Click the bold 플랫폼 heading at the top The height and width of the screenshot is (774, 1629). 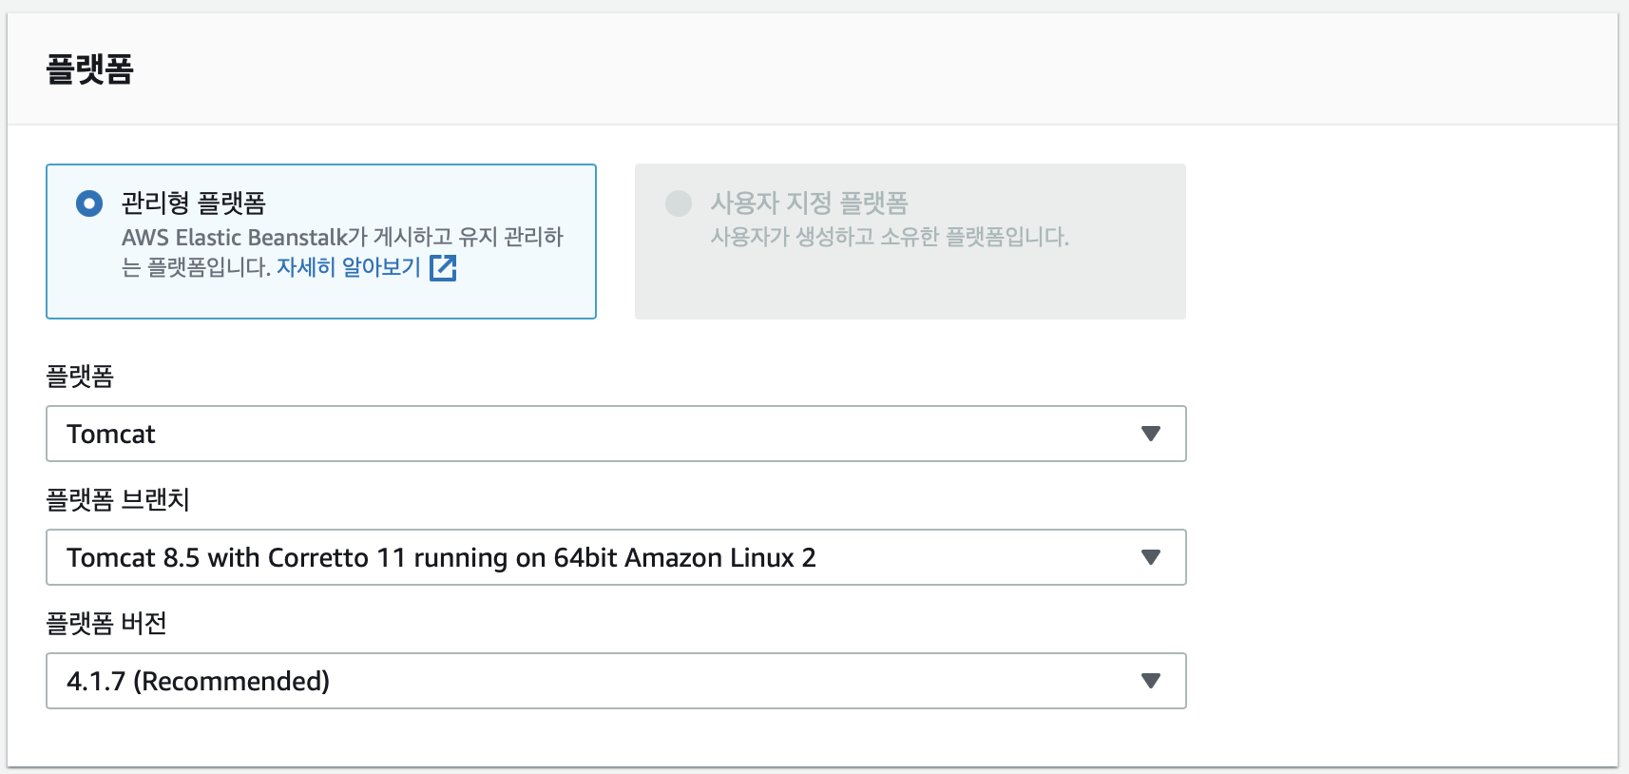[x=90, y=69]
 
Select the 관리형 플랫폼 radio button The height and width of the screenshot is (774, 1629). [x=89, y=203]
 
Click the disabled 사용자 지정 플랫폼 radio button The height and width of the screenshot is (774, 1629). [x=679, y=203]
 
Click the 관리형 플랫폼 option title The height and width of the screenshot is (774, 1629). [x=194, y=203]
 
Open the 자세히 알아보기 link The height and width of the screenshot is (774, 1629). [x=348, y=267]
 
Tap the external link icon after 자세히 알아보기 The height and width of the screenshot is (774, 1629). [x=443, y=268]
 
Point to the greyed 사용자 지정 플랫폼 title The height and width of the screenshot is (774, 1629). [x=809, y=203]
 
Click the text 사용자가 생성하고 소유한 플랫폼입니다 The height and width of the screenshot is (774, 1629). [x=890, y=237]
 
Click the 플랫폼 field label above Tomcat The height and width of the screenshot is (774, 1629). [x=80, y=377]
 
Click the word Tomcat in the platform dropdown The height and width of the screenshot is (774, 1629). [x=111, y=435]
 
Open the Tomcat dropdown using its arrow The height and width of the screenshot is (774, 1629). [x=1150, y=434]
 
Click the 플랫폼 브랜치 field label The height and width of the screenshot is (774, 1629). [x=118, y=500]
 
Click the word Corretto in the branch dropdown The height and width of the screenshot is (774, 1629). [x=317, y=558]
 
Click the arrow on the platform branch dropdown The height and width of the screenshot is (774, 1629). [x=1150, y=557]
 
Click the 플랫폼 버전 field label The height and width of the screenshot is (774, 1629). [x=106, y=624]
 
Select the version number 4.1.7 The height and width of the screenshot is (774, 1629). [x=96, y=682]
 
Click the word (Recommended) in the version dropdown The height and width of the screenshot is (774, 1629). [x=232, y=682]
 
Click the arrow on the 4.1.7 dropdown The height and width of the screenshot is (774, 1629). [x=1150, y=681]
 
